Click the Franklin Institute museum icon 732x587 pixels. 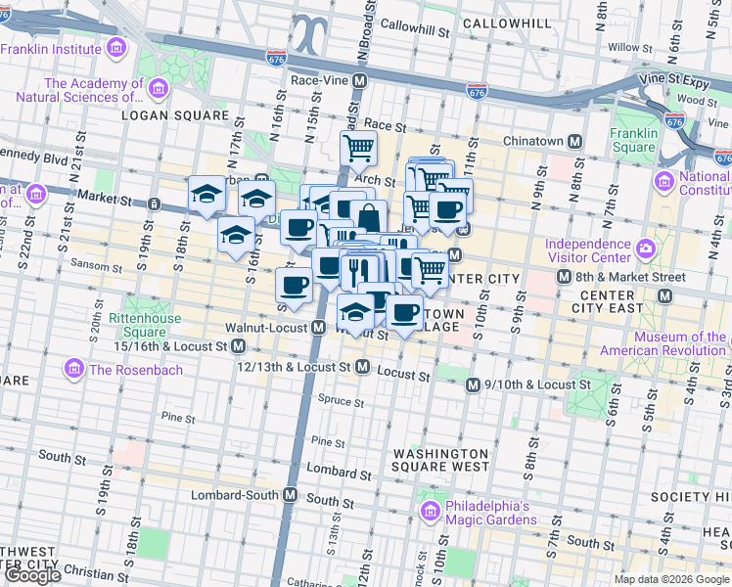click(x=117, y=47)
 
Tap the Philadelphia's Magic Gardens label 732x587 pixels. click(x=487, y=513)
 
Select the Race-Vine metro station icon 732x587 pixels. click(x=360, y=81)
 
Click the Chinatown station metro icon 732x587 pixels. click(x=575, y=142)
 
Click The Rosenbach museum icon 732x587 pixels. click(x=73, y=370)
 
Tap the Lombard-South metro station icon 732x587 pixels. click(x=290, y=495)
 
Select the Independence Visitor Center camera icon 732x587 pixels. click(x=646, y=249)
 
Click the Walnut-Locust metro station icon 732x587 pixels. click(x=318, y=329)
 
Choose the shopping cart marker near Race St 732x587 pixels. click(x=359, y=149)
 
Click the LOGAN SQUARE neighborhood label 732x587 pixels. click(x=160, y=114)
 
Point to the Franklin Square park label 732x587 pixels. click(x=634, y=141)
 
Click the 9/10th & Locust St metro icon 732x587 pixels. click(x=473, y=385)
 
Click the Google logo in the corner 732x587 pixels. click(x=32, y=575)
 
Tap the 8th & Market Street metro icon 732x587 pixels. click(x=564, y=278)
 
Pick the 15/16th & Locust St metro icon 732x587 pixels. click(x=239, y=346)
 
